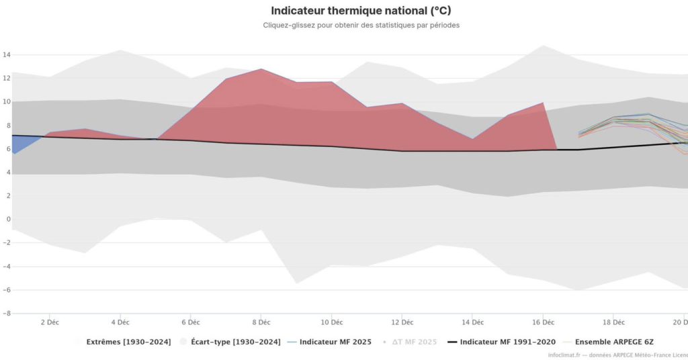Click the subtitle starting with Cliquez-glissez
[x=361, y=26]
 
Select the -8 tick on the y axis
[x=5, y=313]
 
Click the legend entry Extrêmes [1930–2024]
[x=128, y=343]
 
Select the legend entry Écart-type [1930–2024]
[x=235, y=343]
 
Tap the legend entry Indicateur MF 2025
[x=335, y=343]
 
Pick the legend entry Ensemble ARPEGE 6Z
[x=615, y=343]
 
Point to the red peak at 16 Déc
[x=543, y=104]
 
